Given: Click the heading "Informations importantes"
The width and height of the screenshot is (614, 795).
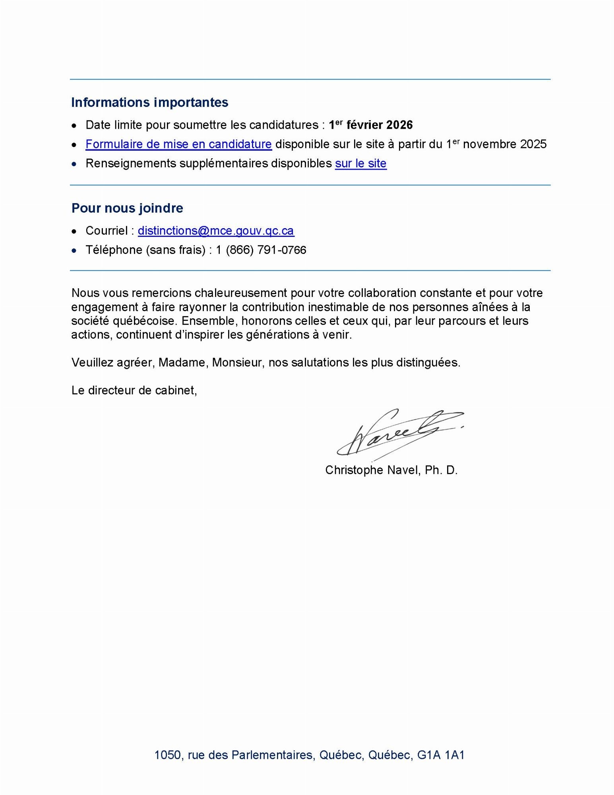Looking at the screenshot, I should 149,103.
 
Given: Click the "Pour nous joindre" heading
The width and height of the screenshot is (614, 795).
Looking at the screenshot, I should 127,208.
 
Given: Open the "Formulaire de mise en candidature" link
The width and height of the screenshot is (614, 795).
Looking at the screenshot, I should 178,144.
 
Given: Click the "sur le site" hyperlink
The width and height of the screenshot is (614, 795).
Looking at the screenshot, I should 360,164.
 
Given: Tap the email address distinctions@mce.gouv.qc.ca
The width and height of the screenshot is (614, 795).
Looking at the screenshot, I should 216,231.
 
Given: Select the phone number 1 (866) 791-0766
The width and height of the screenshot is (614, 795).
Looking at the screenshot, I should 261,250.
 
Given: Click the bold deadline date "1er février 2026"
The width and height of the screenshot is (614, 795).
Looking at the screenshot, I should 371,125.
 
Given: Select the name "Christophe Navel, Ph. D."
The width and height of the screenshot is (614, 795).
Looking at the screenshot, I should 391,470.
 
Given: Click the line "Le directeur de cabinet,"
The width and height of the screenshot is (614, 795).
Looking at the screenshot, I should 134,390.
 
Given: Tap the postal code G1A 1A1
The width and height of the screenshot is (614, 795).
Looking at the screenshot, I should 441,755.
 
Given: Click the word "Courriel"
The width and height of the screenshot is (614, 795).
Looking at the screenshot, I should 107,231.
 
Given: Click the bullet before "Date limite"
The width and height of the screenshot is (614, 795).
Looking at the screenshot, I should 74,126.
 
